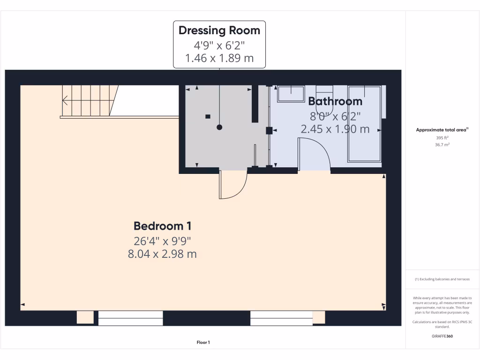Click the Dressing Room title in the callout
point(219,30)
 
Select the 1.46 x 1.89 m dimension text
point(219,58)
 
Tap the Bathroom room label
point(335,101)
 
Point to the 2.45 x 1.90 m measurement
point(335,129)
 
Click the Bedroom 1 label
point(162,226)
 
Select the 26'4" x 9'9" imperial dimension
point(162,241)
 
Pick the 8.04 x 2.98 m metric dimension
point(162,254)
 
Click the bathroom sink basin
point(291,94)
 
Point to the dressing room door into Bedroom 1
point(232,185)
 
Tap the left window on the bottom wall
point(130,318)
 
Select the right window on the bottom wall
point(281,318)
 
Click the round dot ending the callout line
point(219,127)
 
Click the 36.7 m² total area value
point(442,145)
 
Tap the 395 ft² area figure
point(442,138)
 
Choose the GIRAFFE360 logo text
point(442,336)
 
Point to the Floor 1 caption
point(203,343)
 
